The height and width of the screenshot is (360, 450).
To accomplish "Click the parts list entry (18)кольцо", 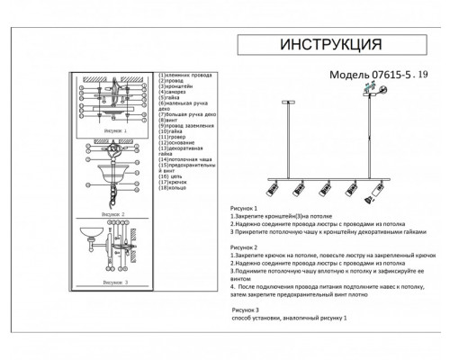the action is click(x=177, y=191).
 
